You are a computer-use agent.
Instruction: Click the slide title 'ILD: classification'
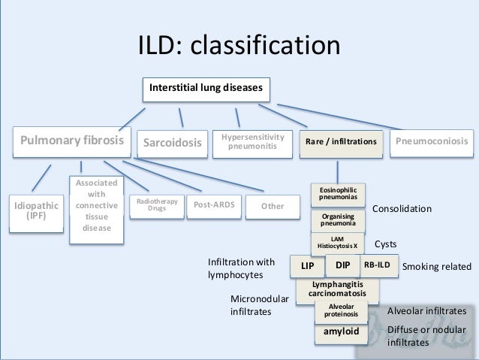pos(239,46)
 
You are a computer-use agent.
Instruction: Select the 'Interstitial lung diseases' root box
pos(205,89)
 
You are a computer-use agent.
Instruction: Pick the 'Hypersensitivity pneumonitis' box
pos(252,141)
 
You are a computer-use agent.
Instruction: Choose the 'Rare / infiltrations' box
pos(341,142)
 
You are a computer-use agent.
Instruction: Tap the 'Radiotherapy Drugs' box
pos(156,205)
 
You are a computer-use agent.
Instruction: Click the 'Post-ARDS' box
pos(214,204)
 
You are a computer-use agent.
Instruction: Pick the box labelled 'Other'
pos(273,206)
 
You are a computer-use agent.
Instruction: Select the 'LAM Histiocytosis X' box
pos(337,242)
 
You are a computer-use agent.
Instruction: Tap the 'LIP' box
pos(307,266)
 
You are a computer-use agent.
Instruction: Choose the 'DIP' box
pos(342,265)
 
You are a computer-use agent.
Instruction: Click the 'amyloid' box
pos(341,331)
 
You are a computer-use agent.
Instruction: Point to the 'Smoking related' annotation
pos(437,266)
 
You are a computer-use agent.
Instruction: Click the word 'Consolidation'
pos(402,208)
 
